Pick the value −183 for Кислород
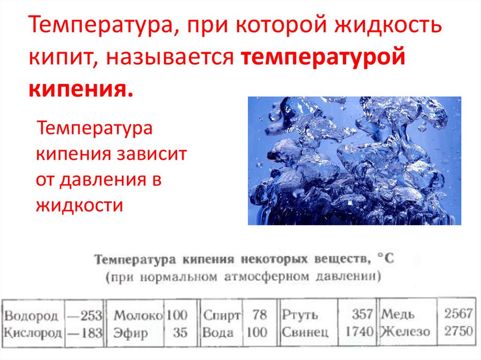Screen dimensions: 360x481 pos(85,333)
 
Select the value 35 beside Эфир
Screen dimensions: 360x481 pos(179,333)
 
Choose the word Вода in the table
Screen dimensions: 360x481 pos(218,333)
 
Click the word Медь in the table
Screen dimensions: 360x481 pos(399,314)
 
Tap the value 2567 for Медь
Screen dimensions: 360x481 pos(458,314)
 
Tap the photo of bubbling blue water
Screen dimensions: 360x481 pos(354,161)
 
